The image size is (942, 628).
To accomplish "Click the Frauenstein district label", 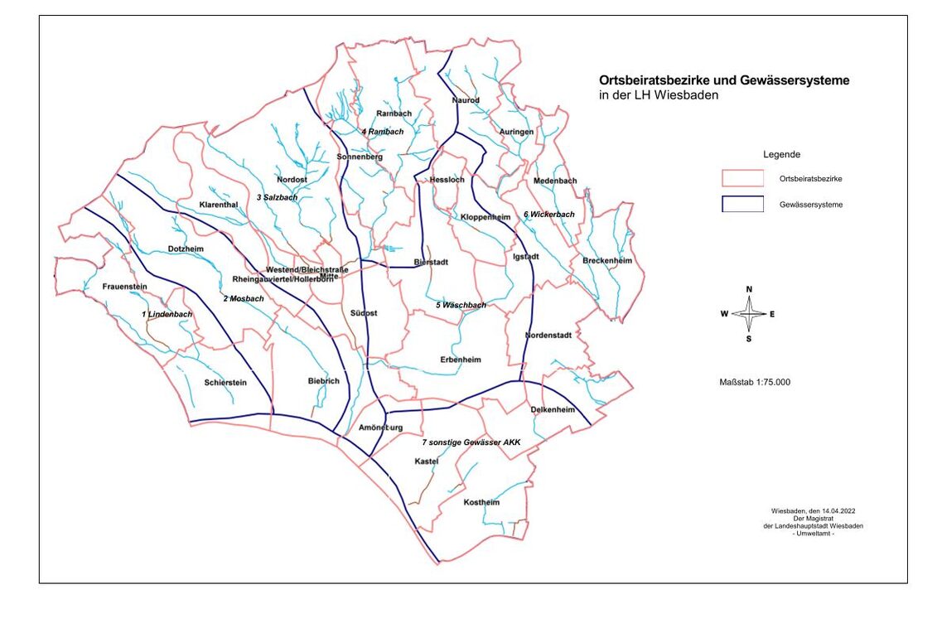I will tap(124, 287).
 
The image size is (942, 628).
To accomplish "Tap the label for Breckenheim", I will tap(607, 261).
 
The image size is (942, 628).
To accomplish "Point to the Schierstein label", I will tap(225, 383).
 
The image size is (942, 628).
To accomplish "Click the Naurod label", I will tap(466, 100).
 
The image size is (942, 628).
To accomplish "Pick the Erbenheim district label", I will tap(461, 360).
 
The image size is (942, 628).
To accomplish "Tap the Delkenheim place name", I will tap(553, 409).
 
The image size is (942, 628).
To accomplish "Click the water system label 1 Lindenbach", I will tap(167, 315).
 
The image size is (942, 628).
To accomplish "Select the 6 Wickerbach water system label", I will tap(548, 215).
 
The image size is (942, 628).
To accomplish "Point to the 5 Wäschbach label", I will tap(461, 306).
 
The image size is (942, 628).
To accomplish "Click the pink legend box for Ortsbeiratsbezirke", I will tap(742, 178).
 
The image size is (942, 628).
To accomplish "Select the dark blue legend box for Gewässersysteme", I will tap(742, 205).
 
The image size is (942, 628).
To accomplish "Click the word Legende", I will tap(781, 155).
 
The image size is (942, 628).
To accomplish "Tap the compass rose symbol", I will tap(749, 314).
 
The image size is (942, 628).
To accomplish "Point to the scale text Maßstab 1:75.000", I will tap(755, 382).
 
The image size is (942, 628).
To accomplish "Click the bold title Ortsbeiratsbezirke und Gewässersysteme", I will tap(724, 81).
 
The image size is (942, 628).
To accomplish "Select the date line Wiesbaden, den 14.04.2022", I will tap(813, 511).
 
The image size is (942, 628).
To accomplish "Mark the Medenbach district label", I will tap(555, 181).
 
